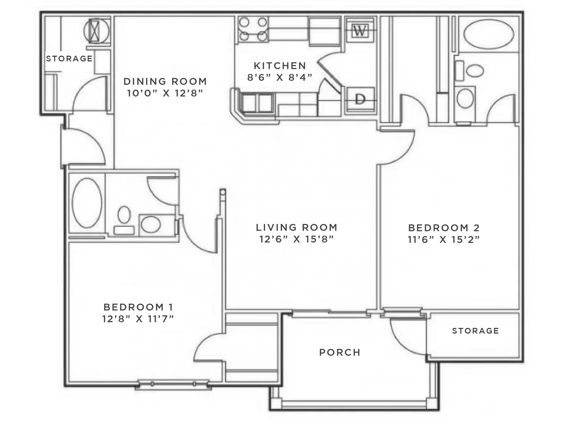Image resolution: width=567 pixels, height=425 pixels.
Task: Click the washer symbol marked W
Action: (x=360, y=31)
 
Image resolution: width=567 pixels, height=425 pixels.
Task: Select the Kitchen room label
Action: (x=280, y=66)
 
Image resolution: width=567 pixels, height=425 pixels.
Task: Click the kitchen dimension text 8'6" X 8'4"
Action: (x=280, y=77)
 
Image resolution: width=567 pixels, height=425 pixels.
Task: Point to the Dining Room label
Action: (x=165, y=82)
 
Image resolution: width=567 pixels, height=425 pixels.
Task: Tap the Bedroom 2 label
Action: (x=444, y=228)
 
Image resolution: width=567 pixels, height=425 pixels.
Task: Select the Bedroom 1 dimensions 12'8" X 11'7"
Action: (x=138, y=319)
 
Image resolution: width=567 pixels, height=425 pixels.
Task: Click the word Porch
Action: (x=340, y=353)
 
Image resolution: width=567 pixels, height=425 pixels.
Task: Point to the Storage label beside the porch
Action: (x=475, y=331)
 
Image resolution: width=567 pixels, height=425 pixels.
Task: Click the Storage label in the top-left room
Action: (x=69, y=59)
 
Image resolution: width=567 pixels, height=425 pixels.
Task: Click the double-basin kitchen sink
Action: (x=257, y=103)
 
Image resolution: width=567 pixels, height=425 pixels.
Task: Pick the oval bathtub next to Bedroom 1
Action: (x=87, y=203)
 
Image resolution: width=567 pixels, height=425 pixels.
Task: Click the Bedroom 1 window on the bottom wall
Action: (x=173, y=384)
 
